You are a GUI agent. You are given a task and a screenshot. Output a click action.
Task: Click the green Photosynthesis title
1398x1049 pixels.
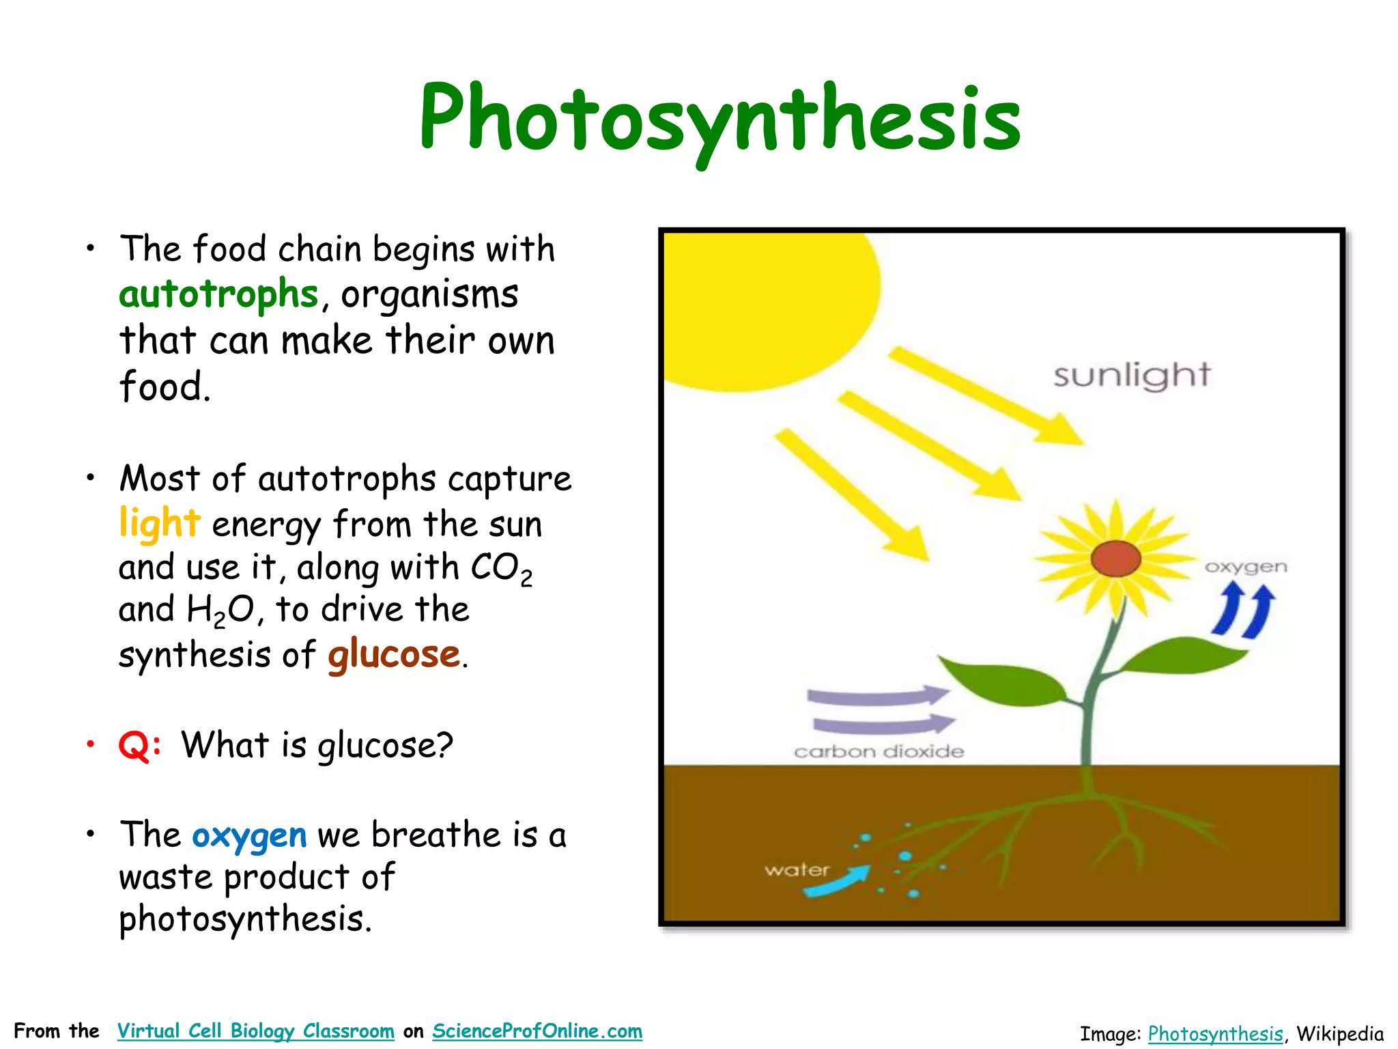pos(719,117)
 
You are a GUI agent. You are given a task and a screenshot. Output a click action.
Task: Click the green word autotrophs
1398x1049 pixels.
pos(218,294)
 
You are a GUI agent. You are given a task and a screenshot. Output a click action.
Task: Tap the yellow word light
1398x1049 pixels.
pos(159,523)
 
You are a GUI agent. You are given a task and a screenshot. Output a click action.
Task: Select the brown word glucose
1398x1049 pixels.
pos(394,654)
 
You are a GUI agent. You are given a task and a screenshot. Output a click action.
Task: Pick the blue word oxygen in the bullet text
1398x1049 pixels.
pos(249,836)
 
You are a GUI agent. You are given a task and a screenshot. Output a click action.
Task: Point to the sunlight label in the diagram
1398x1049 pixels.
pos(1131,375)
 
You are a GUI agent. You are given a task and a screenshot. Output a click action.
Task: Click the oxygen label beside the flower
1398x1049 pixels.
pos(1246,567)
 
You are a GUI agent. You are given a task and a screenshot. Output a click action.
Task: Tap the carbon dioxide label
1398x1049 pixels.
pos(879,752)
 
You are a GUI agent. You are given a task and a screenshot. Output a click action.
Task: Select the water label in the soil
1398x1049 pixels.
pos(797,869)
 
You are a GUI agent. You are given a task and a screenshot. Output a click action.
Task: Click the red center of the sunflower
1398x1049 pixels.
pos(1115,558)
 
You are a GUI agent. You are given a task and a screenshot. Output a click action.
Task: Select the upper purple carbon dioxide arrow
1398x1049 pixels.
pos(877,697)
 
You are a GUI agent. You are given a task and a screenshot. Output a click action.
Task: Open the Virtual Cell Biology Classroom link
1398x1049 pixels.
pos(255,1031)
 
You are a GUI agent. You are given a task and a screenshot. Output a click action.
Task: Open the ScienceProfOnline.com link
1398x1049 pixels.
pos(537,1031)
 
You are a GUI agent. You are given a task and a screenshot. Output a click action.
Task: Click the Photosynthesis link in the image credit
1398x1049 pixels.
pos(1215,1033)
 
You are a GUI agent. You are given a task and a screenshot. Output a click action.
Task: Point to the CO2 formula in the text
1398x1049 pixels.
pos(501,568)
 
